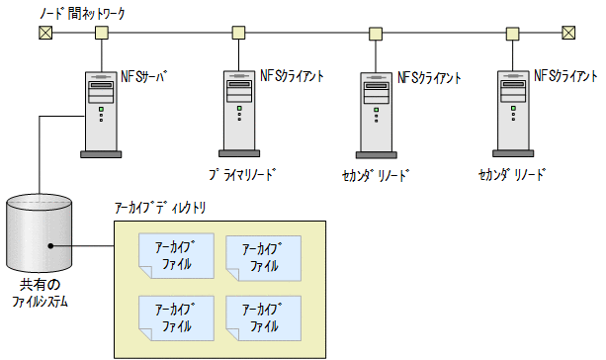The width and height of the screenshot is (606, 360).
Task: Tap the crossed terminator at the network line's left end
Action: point(44,33)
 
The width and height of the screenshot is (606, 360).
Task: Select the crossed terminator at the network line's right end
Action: point(568,33)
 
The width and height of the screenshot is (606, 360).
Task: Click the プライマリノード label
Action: point(241,175)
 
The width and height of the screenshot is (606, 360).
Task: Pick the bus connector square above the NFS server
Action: point(100,33)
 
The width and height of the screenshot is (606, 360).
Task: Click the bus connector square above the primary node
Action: point(238,33)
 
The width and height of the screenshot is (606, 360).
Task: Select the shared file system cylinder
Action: point(39,228)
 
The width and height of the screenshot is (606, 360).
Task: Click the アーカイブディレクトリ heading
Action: point(160,209)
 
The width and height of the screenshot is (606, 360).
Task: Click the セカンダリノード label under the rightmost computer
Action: point(512,175)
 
